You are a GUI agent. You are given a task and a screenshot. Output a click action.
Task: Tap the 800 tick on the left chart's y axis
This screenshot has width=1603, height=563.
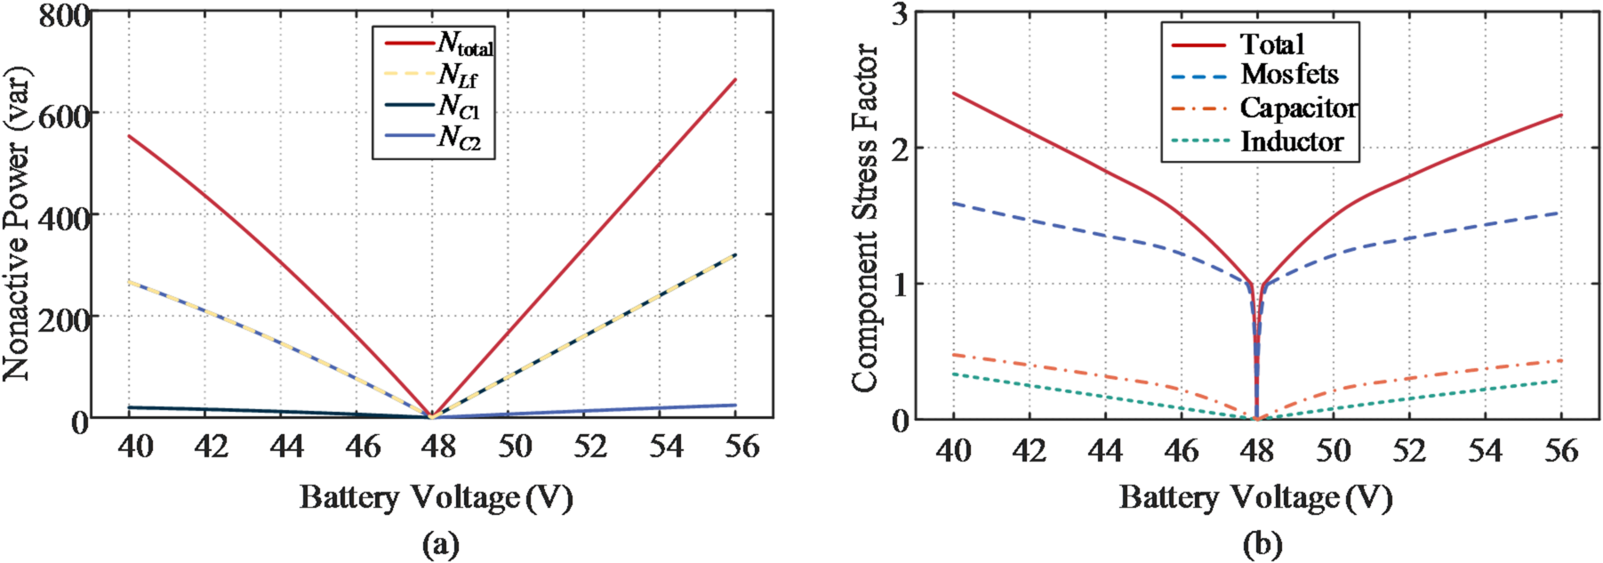pos(64,15)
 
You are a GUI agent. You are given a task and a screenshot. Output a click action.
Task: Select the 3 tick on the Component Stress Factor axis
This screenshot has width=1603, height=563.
pos(899,15)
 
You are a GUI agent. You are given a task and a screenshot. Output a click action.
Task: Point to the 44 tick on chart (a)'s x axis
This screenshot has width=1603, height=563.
pos(286,446)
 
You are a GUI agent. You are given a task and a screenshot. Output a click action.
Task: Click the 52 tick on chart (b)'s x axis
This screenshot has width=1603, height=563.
pos(1408,450)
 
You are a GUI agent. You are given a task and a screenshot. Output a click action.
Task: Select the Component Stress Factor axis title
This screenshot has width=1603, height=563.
pos(864,218)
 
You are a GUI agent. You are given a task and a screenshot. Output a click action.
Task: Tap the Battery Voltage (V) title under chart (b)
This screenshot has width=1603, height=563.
pos(1254,497)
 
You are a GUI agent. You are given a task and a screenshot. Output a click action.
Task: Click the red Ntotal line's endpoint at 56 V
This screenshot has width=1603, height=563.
pos(735,80)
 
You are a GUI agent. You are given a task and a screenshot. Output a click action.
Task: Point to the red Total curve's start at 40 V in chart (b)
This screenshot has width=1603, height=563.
pos(954,92)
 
